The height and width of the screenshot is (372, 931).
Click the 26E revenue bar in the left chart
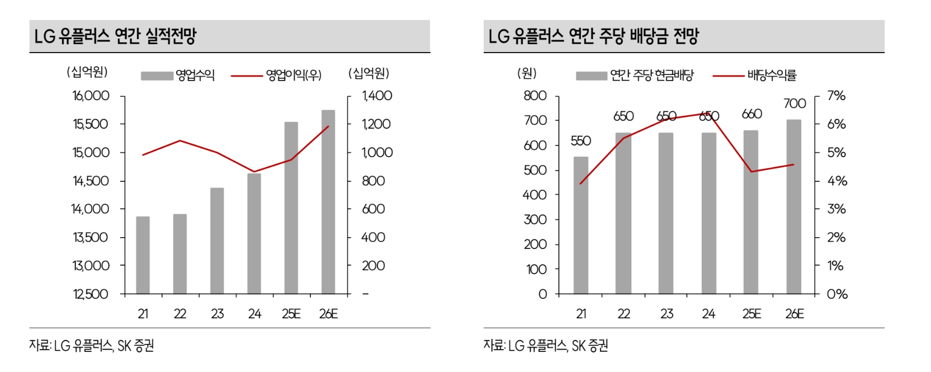(x=328, y=201)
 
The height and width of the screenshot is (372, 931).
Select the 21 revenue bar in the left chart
(x=143, y=255)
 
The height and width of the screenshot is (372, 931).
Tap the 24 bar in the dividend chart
(x=708, y=213)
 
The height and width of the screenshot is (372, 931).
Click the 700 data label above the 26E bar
(x=795, y=103)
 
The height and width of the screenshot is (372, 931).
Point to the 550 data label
(x=581, y=141)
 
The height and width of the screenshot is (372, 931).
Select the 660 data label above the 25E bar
(x=752, y=114)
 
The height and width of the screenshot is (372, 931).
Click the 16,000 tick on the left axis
(x=91, y=96)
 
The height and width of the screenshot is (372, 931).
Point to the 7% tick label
(x=837, y=96)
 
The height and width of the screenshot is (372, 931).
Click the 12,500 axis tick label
(x=91, y=294)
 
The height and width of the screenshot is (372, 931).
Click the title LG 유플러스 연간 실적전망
(x=116, y=36)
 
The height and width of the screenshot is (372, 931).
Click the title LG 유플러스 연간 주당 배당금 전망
(x=593, y=36)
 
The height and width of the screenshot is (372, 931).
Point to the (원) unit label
(x=527, y=73)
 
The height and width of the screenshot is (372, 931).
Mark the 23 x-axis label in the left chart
(x=217, y=314)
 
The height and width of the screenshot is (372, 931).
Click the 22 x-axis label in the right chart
(x=623, y=314)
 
